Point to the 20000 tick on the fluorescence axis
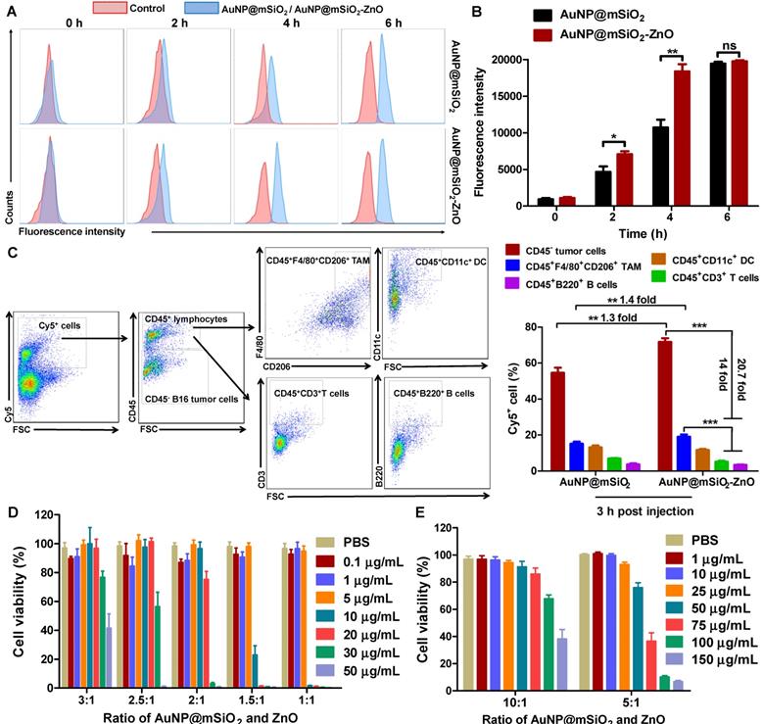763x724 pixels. pos(508,60)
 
